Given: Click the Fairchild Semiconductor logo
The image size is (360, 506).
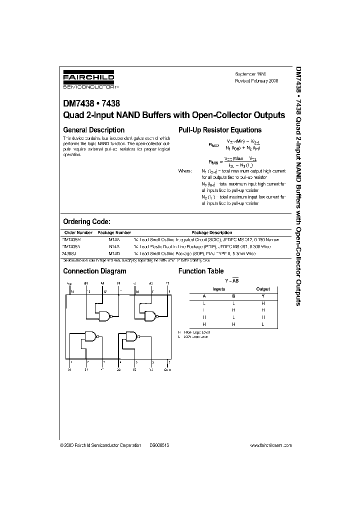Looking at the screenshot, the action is tap(88, 79).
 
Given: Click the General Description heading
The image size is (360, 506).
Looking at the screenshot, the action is tap(93, 130).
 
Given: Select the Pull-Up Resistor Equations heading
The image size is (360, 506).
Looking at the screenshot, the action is tap(220, 130).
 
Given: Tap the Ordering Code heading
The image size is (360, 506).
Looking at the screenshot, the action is tap(86, 221).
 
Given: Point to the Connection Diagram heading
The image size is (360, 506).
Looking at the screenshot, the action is tap(94, 271).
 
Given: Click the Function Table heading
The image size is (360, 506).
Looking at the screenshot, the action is tap(201, 271).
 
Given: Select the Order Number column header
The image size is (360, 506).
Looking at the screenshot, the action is tap(78, 232).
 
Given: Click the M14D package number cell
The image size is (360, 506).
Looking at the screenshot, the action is tap(114, 253).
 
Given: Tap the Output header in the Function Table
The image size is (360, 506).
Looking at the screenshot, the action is tap(263, 289).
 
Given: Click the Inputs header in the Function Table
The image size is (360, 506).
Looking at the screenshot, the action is tap(219, 289).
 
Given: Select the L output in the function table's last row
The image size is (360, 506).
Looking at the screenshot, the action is tap(263, 324).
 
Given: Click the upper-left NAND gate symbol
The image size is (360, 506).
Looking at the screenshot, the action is tap(105, 315).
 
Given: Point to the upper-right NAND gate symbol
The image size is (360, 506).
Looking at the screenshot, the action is tap(150, 315).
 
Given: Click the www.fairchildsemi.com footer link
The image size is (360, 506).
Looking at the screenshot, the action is tap(270, 445).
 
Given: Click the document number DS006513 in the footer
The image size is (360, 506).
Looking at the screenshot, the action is tap(159, 445).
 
